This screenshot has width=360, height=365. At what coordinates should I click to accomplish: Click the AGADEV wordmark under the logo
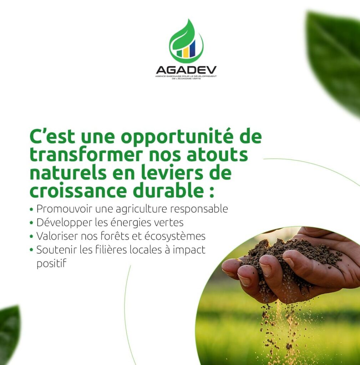tap(186, 70)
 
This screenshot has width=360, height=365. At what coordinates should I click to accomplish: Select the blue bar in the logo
tap(192, 48)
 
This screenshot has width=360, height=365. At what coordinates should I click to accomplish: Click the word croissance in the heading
tap(78, 191)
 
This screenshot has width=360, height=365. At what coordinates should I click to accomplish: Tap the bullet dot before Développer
tap(31, 223)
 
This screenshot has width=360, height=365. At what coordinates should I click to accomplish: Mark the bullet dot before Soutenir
tap(31, 250)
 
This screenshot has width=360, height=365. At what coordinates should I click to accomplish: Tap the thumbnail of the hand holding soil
tap(278, 295)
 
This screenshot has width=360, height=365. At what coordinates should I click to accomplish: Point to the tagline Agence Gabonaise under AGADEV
tap(186, 77)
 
